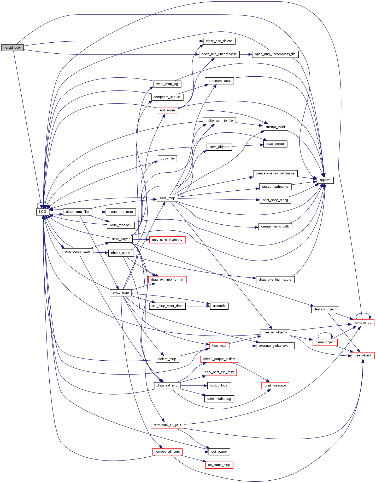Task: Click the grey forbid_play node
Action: (x=12, y=48)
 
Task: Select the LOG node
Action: (x=43, y=212)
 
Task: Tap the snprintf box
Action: (x=325, y=180)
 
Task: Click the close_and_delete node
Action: (x=219, y=41)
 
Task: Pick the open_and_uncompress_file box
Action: (x=275, y=54)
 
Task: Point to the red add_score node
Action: (x=167, y=110)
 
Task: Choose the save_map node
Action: (x=167, y=198)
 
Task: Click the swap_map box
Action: (x=121, y=293)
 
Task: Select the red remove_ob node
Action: (x=363, y=323)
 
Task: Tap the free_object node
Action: (x=363, y=355)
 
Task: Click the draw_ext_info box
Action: (x=167, y=385)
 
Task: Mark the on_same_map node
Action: (x=219, y=465)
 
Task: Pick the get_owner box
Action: (x=219, y=452)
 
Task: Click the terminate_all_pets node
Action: (x=167, y=425)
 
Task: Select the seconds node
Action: (x=219, y=306)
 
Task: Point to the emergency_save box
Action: (x=77, y=252)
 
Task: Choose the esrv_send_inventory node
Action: (x=167, y=240)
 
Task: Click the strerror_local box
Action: (x=275, y=127)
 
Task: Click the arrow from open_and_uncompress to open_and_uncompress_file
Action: (x=246, y=54)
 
